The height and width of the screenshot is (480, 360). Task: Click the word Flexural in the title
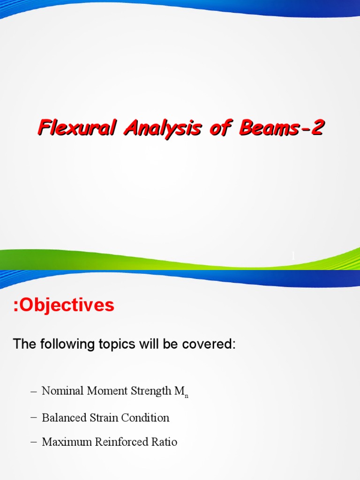coord(77,128)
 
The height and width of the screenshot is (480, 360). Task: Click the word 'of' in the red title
coord(218,128)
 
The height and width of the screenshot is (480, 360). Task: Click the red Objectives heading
coord(63,305)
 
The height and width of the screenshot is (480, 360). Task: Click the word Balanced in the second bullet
coord(61,417)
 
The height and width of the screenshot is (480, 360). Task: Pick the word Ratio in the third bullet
coord(165,442)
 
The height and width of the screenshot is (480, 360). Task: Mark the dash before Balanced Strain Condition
coord(33,417)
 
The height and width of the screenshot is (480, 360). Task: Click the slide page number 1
coord(293,256)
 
